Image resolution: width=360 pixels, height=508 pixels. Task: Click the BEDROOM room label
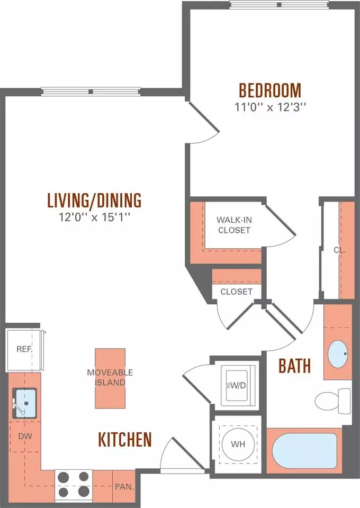270,90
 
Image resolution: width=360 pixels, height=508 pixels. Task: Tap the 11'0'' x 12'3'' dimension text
270,107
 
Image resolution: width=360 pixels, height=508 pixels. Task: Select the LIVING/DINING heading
94,200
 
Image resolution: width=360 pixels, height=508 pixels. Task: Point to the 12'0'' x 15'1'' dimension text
94,217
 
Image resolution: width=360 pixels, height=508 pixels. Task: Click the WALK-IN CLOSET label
234,225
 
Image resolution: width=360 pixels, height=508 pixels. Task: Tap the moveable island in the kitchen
110,378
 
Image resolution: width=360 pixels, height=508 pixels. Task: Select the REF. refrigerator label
25,349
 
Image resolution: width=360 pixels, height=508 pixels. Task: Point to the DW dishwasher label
25,436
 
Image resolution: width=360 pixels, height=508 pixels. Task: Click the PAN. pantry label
124,487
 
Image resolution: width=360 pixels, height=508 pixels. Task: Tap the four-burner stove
74,485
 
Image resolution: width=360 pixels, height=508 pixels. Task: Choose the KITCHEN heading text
125,439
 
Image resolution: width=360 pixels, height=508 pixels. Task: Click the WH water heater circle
238,444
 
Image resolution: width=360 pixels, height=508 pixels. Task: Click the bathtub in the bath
304,451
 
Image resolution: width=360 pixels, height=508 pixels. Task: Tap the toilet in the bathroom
332,401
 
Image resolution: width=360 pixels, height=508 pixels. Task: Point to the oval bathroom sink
338,354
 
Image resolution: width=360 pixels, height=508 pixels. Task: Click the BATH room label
294,366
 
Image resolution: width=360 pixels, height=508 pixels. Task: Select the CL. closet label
340,250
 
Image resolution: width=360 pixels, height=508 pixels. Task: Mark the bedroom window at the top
280,5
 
